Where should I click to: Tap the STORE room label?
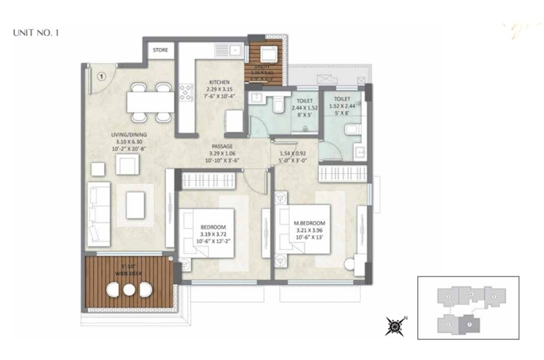tap(160, 50)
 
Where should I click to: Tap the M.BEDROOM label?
tap(309, 223)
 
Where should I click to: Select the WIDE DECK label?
tap(129, 273)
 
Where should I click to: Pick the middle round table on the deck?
tap(129, 290)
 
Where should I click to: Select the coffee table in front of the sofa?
tap(135, 205)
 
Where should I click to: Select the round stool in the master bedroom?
tap(350, 265)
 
